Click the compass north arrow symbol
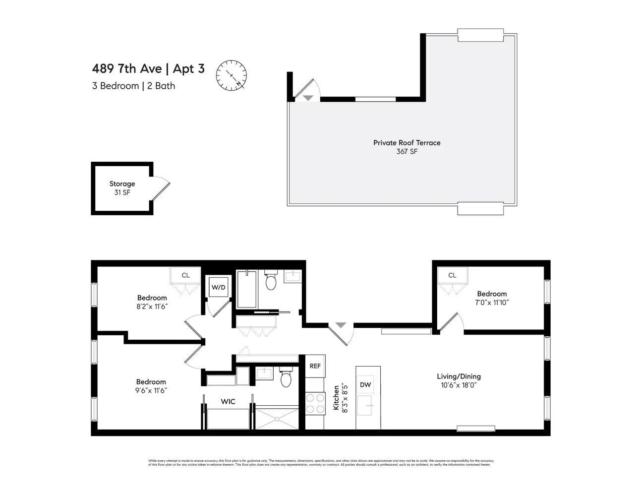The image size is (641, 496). click(x=231, y=76)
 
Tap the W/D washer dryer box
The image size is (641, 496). click(x=218, y=287)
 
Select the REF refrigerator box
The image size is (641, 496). click(x=315, y=366)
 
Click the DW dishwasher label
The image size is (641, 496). click(x=365, y=385)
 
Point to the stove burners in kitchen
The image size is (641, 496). click(x=314, y=403)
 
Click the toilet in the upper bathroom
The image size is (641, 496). click(x=271, y=281)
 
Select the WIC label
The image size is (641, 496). click(x=228, y=401)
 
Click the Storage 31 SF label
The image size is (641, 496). click(x=122, y=188)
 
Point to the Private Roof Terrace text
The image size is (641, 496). click(x=407, y=143)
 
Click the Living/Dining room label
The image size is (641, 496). click(x=459, y=376)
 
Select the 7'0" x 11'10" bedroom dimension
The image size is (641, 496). click(x=492, y=302)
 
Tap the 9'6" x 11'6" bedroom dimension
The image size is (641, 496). click(x=151, y=390)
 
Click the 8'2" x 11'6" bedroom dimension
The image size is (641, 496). click(x=152, y=307)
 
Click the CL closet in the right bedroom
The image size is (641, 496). click(x=452, y=275)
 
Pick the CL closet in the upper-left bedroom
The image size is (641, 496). click(x=185, y=275)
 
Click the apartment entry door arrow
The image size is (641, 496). click(x=341, y=325)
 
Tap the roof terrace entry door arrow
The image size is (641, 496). click(x=308, y=98)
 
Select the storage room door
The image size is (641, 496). click(x=161, y=189)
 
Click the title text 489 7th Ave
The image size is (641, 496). click(x=126, y=68)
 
